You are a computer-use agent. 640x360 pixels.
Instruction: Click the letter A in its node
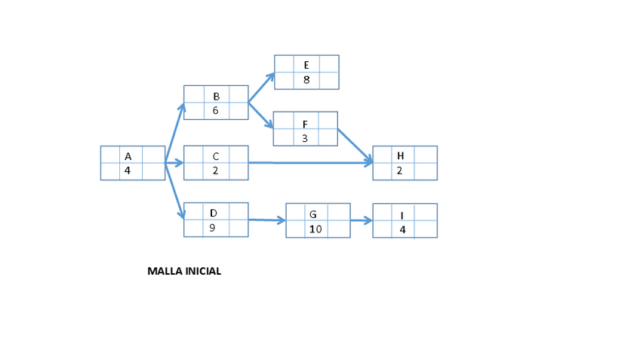point(128,155)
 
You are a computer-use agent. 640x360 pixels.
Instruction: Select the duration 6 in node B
point(216,110)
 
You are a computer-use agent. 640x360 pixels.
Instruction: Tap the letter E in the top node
point(306,65)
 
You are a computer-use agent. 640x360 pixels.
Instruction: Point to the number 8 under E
point(306,80)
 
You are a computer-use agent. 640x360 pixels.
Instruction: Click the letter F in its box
point(305,124)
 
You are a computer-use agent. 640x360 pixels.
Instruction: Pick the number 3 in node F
point(305,138)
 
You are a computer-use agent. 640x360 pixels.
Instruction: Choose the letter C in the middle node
point(216,156)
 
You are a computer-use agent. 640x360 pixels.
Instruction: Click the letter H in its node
point(401,155)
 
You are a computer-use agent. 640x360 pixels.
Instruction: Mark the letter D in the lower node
point(214,214)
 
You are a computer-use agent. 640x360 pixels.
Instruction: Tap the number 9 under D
point(213,228)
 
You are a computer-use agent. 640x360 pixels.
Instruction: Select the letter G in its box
point(313,214)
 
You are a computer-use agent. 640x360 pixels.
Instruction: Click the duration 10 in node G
point(315,229)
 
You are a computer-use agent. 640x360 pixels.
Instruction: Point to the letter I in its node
point(402,215)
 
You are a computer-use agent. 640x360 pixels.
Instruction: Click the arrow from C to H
point(309,162)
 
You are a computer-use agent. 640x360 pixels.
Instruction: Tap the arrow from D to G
point(267,220)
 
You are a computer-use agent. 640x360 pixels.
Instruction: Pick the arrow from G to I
point(362,221)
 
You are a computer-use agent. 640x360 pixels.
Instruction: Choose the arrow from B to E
point(261,87)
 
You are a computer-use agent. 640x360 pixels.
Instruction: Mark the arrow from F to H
point(355,145)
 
